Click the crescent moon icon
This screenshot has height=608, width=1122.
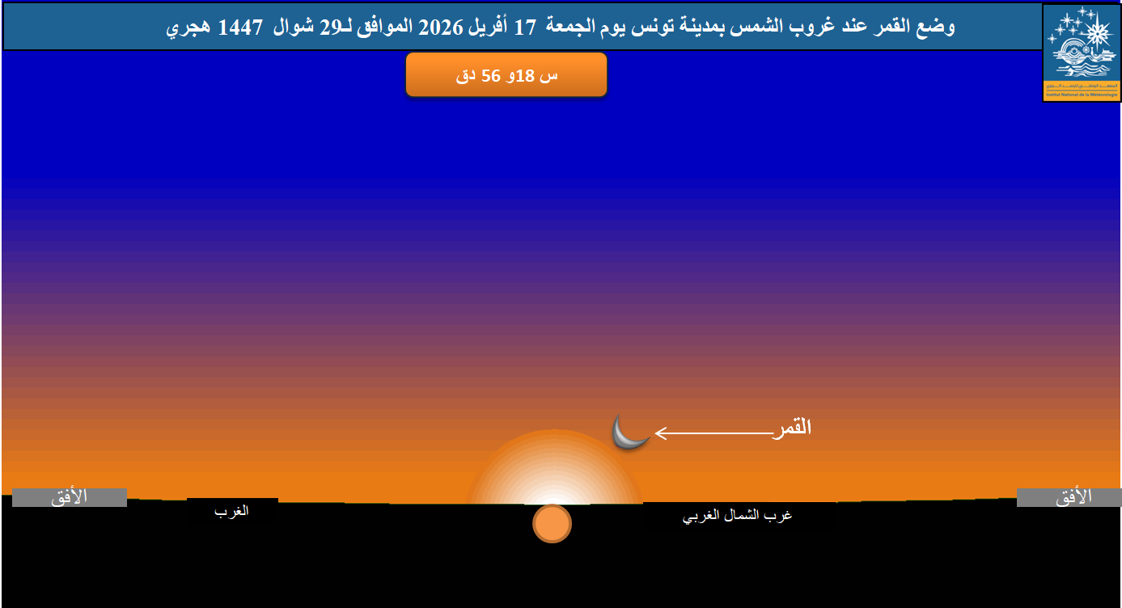tap(629, 433)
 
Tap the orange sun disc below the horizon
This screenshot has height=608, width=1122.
tap(552, 523)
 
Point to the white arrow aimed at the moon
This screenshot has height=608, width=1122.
tap(712, 433)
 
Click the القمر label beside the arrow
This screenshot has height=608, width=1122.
tap(792, 428)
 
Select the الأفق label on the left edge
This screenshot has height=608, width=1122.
tap(70, 497)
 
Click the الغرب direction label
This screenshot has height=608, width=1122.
tap(232, 512)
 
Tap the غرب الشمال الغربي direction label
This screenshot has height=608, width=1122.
tap(739, 516)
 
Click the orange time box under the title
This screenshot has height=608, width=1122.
tap(506, 75)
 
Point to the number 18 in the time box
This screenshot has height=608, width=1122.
tap(527, 76)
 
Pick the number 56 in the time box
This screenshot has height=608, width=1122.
tap(489, 76)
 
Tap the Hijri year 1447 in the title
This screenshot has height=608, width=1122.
tap(240, 27)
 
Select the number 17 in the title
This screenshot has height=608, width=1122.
tap(526, 27)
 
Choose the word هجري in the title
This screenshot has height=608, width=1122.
tap(192, 27)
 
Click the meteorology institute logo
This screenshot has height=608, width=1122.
tap(1081, 53)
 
